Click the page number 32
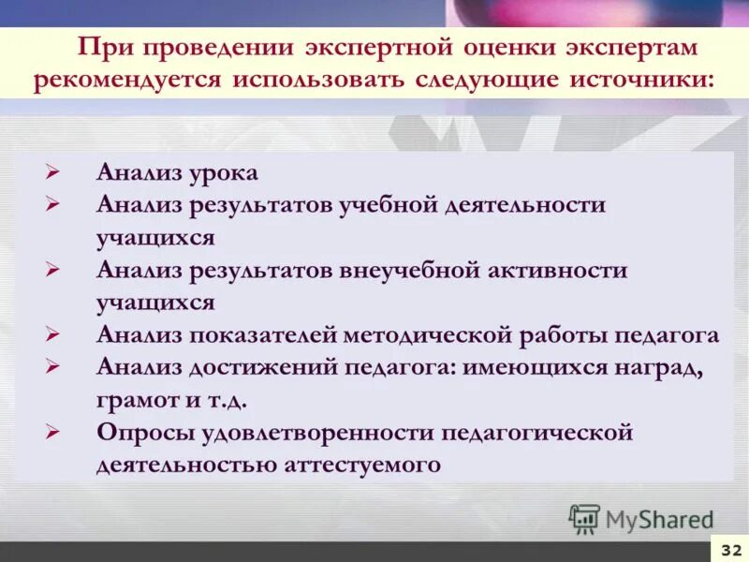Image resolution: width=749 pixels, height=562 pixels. (729, 549)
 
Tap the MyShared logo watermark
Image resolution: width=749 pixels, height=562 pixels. (641, 518)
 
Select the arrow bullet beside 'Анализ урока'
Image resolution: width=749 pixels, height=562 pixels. (53, 173)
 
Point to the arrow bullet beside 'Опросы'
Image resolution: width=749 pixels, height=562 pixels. (53, 433)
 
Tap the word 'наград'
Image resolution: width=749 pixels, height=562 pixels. (667, 367)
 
